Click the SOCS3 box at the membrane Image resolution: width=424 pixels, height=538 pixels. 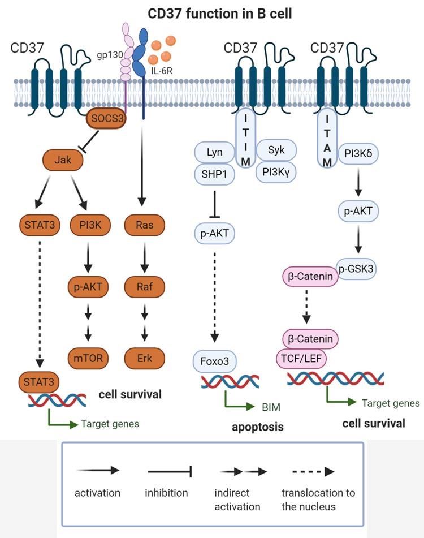106,120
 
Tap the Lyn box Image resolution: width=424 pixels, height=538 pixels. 214,152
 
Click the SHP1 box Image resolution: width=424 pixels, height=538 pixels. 214,175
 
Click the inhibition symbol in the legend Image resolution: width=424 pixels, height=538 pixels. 171,471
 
